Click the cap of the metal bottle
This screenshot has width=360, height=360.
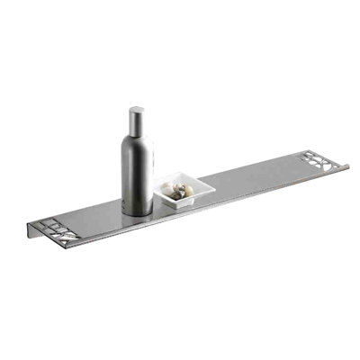(x=136, y=118)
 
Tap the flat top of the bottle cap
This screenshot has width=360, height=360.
(x=136, y=111)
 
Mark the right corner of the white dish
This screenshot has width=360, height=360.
(x=214, y=186)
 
